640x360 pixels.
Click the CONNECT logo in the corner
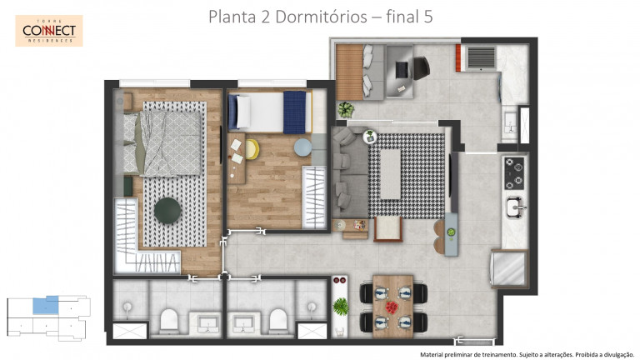click(48, 31)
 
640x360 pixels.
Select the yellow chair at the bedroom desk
click(252, 150)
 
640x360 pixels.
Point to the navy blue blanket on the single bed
click(294, 112)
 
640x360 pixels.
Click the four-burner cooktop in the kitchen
click(514, 172)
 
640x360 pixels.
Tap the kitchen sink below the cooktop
click(514, 205)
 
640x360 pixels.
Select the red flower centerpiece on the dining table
click(392, 305)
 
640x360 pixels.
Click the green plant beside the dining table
click(340, 306)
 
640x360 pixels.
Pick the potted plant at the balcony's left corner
click(345, 109)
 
